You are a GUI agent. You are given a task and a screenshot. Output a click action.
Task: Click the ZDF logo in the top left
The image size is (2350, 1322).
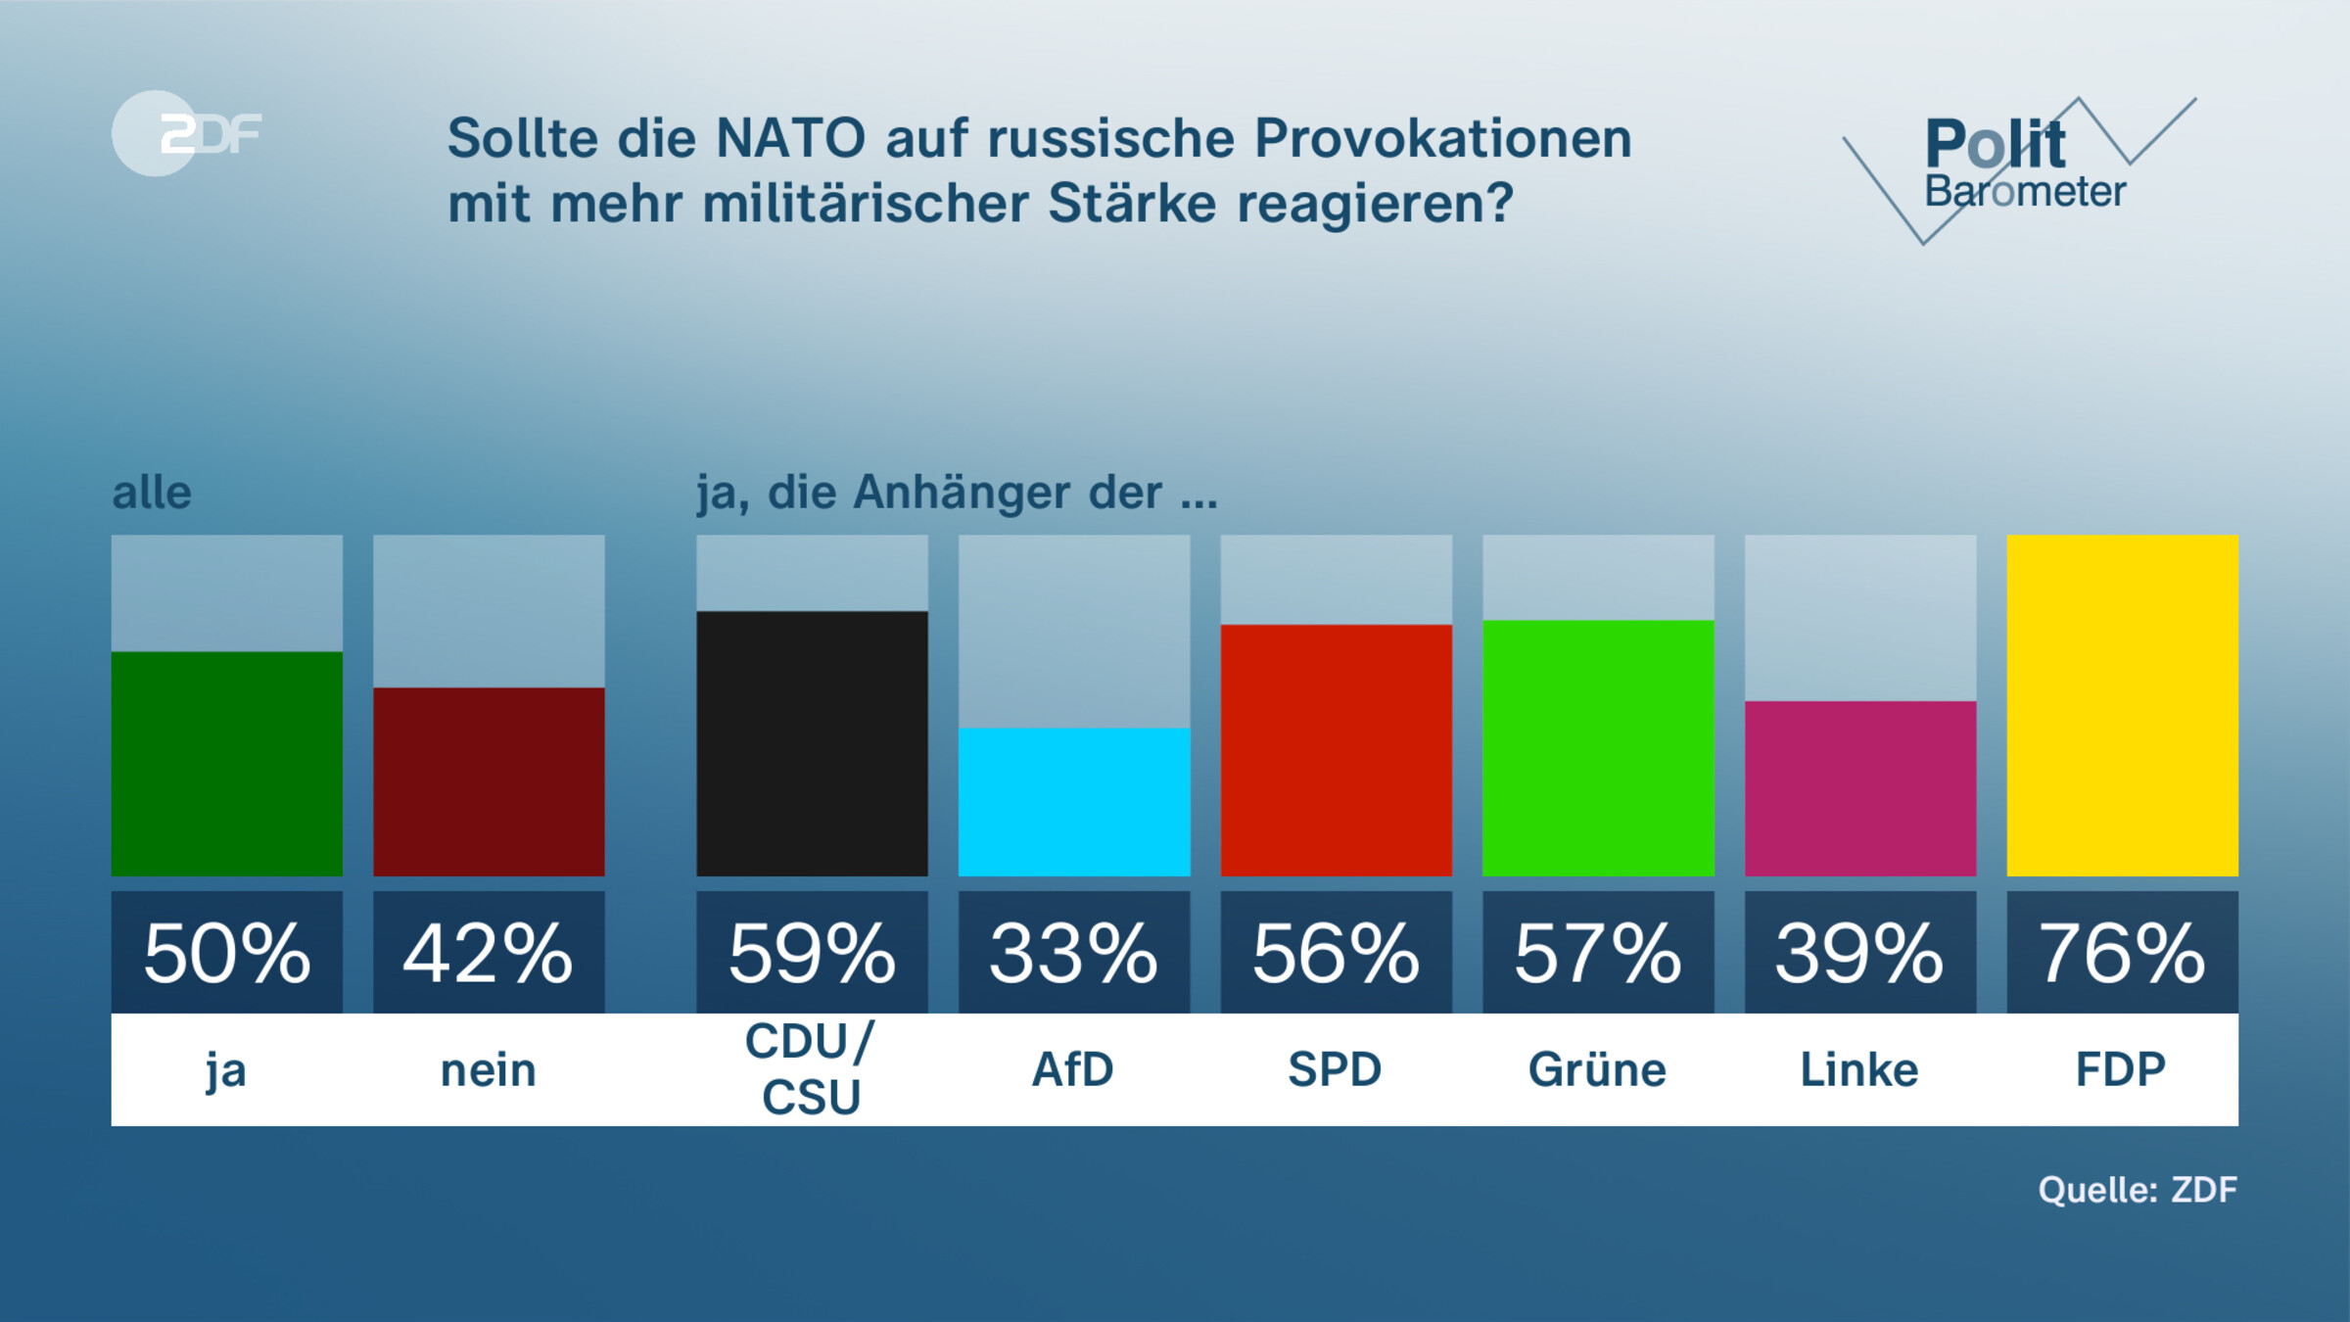(x=186, y=133)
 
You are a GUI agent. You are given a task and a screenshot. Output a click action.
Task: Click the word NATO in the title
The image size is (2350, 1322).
(x=790, y=138)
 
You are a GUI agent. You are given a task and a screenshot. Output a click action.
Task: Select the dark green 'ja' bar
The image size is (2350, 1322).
(x=227, y=764)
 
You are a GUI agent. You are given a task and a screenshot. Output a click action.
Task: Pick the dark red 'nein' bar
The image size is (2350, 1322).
(x=489, y=781)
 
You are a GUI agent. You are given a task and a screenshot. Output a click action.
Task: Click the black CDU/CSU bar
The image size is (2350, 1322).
(x=812, y=743)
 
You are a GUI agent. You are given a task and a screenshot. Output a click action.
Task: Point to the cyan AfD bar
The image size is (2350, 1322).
(x=1074, y=802)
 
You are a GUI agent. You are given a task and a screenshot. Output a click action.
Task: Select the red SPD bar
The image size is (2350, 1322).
(x=1336, y=750)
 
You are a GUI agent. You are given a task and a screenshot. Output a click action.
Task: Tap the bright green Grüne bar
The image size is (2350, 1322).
(x=1598, y=748)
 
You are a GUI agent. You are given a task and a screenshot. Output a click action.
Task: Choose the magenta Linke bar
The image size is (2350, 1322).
(x=1860, y=788)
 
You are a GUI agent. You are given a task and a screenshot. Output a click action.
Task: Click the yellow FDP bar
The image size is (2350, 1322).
(x=2122, y=705)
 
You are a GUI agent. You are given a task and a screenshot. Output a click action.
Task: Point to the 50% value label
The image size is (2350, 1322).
(x=227, y=953)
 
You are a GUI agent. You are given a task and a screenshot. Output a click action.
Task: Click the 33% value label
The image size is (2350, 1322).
(x=1074, y=953)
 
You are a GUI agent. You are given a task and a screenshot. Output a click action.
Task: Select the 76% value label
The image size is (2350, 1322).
(x=2122, y=953)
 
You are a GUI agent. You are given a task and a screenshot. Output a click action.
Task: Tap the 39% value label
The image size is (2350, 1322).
(x=1860, y=953)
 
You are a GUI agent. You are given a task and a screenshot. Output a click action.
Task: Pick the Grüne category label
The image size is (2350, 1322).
(x=1598, y=1069)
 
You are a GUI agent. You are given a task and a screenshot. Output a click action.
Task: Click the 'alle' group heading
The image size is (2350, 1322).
(x=152, y=493)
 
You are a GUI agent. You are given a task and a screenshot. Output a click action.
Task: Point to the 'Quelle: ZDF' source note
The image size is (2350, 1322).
(x=2138, y=1190)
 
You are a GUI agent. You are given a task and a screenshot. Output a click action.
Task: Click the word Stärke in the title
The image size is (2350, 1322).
(x=1131, y=204)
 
